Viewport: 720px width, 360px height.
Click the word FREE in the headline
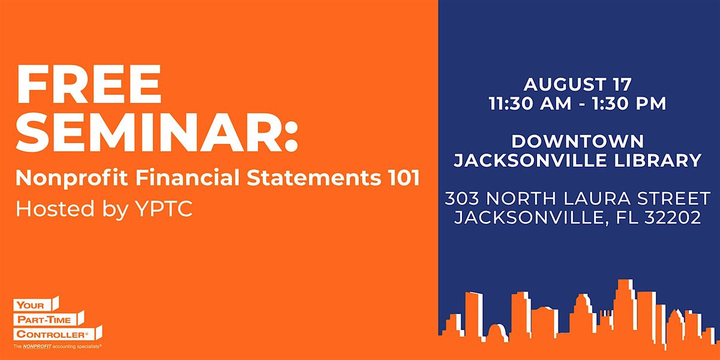click(x=89, y=84)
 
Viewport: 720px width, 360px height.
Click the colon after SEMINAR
click(x=291, y=137)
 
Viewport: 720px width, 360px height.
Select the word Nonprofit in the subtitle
click(x=71, y=178)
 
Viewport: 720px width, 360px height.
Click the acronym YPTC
click(x=164, y=209)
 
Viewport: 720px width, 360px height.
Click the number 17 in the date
click(x=622, y=85)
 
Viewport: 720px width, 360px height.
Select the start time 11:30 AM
click(x=530, y=103)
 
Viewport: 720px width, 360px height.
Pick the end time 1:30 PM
click(x=629, y=103)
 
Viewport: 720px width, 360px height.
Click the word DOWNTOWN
click(x=578, y=142)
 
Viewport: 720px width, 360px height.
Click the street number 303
click(x=462, y=199)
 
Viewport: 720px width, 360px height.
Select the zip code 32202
click(x=673, y=218)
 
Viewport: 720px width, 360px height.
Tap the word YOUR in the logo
click(x=30, y=305)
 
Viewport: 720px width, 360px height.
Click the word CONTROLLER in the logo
click(x=50, y=334)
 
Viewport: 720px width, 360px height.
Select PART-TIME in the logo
click(x=44, y=320)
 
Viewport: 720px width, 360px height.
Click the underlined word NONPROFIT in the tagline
click(x=37, y=347)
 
